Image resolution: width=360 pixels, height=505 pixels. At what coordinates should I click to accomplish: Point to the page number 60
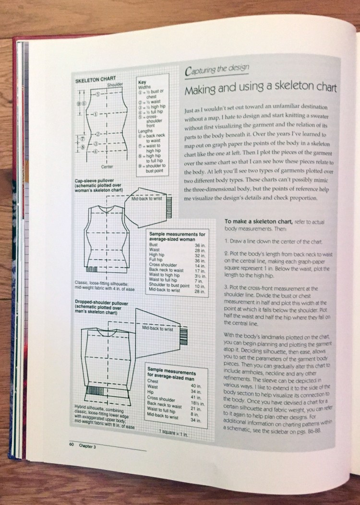[70, 445]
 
